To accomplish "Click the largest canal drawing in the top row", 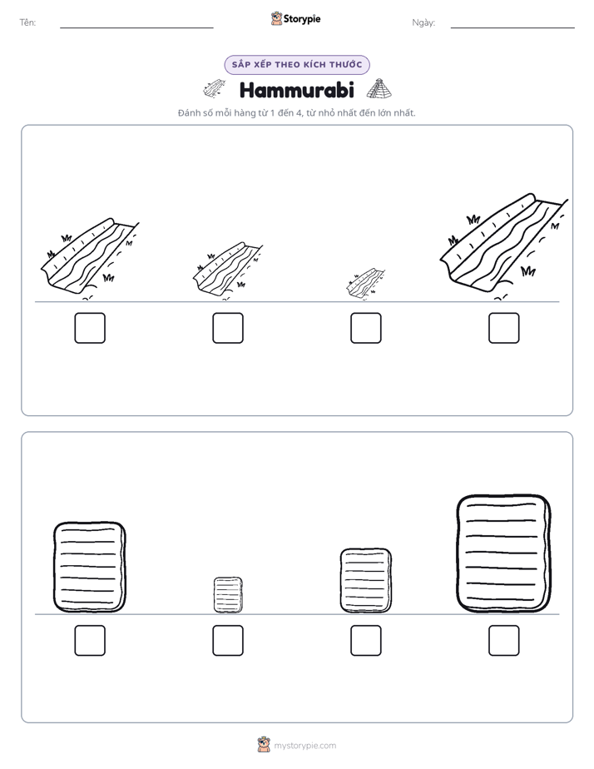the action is (x=502, y=246).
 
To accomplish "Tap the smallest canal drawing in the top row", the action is (x=365, y=284).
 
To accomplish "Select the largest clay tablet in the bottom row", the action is (x=503, y=553).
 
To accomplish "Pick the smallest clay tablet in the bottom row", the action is (x=228, y=595).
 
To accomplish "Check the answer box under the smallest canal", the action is (x=365, y=328).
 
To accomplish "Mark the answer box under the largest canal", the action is (x=504, y=328).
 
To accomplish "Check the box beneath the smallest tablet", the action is (x=228, y=640).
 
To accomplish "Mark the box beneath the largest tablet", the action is (x=504, y=640).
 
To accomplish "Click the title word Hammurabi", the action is (x=296, y=90).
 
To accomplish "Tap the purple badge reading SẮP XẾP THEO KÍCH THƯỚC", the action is (x=297, y=65).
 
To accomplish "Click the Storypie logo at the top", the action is (x=295, y=18).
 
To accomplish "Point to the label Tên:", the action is (x=27, y=22).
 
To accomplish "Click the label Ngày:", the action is (x=423, y=22).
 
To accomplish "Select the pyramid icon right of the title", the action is (x=379, y=89).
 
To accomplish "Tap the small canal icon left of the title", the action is (x=215, y=88).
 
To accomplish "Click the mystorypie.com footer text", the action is (x=304, y=746).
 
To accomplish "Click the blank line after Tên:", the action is (x=136, y=27).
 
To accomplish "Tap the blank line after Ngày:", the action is (x=512, y=27).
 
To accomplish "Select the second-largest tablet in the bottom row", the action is (x=89, y=567).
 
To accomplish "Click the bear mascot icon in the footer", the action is (x=264, y=745).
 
